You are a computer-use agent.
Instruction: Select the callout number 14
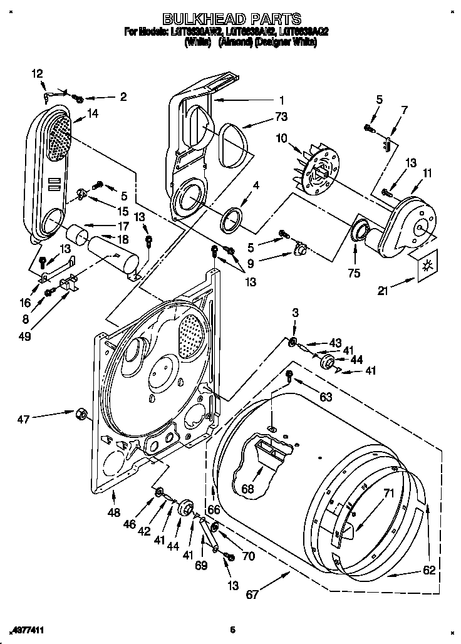(93, 113)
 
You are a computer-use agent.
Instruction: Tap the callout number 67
(252, 595)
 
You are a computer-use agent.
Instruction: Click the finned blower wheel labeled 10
(319, 169)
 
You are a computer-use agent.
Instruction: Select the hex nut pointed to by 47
(81, 413)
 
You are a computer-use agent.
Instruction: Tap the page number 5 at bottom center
(232, 630)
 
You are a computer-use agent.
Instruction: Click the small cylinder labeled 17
(76, 234)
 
